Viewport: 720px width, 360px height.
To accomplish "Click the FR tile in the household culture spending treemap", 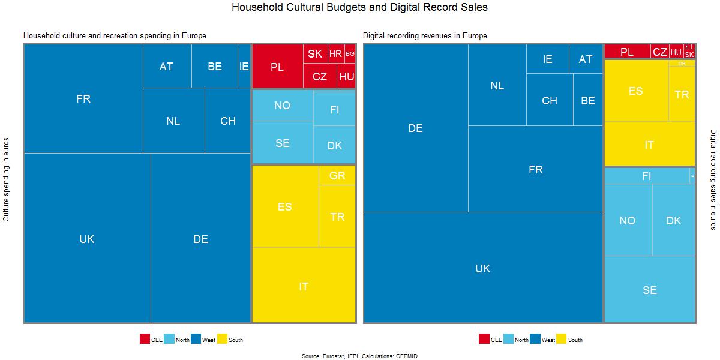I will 83,99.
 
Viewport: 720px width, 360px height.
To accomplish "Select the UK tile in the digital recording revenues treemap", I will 483,268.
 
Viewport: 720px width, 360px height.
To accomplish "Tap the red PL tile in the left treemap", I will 277,67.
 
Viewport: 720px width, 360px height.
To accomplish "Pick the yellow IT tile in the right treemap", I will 649,145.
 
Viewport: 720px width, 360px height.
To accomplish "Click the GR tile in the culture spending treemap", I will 337,176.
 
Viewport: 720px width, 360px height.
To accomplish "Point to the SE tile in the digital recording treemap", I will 650,290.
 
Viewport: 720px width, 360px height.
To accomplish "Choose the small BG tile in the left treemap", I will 350,54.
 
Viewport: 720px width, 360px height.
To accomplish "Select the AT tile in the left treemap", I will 167,67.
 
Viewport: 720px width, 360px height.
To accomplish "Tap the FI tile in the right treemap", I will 646,176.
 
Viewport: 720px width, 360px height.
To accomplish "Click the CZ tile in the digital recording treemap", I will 660,52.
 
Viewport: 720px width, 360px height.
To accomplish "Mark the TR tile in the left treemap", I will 337,217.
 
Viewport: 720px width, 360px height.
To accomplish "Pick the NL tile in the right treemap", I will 497,86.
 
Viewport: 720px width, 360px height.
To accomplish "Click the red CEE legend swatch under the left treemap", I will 145,339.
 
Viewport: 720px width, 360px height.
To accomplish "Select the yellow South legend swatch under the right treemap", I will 562,339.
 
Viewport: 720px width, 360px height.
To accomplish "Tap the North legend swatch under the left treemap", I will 169,339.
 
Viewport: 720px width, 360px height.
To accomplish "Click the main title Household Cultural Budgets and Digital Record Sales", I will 359,8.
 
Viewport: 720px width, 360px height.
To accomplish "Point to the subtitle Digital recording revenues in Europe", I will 425,36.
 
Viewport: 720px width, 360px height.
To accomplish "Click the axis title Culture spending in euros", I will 7,180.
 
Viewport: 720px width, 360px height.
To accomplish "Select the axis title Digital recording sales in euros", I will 713,179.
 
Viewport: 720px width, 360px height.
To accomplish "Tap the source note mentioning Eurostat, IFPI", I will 359,356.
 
